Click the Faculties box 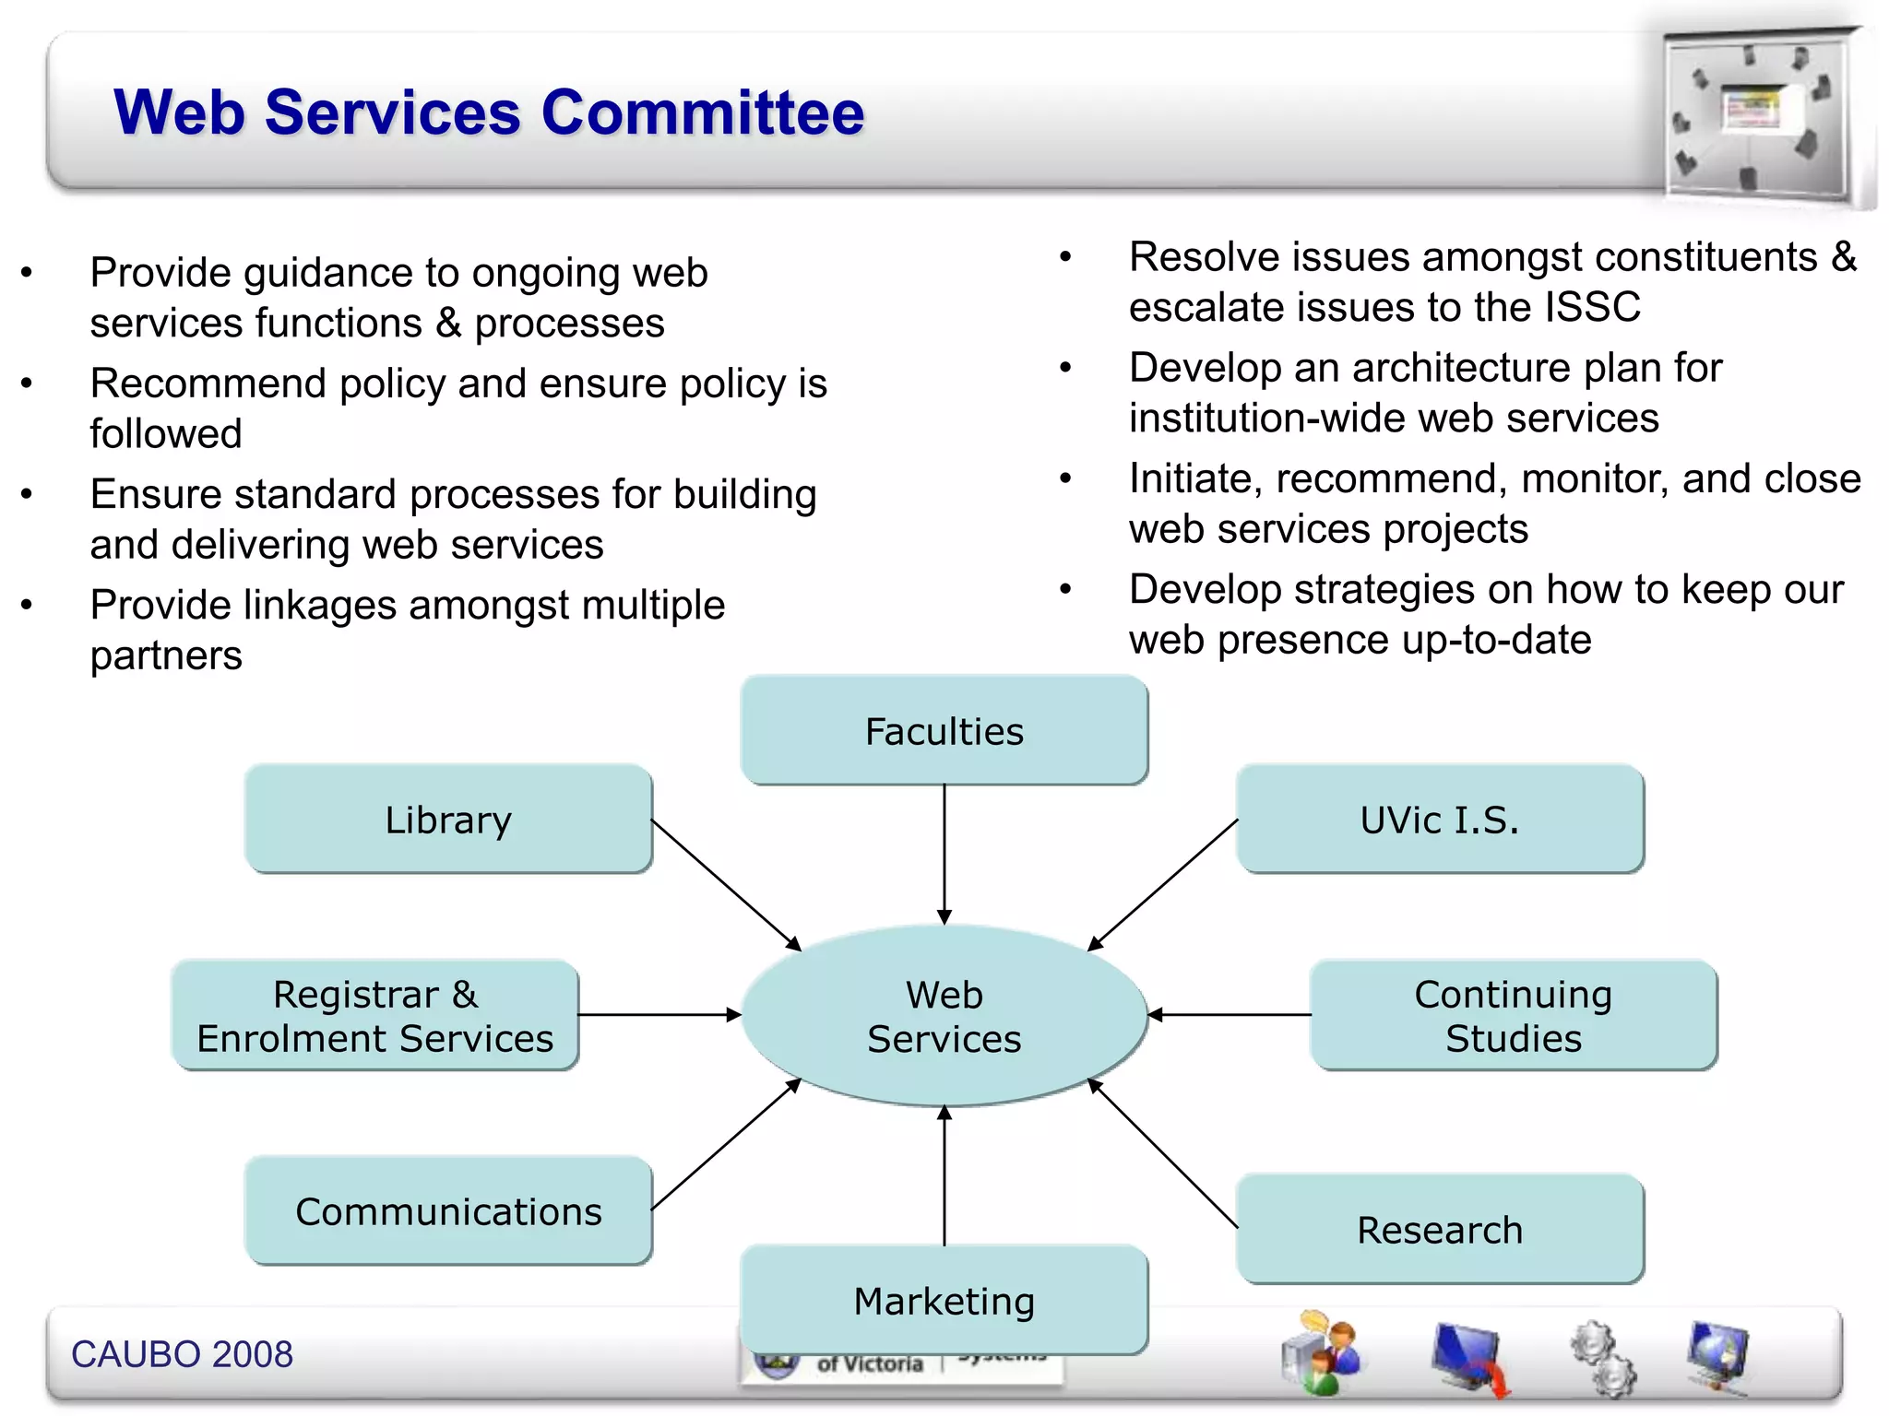(x=944, y=731)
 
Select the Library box (x=448, y=820)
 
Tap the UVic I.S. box (x=1439, y=820)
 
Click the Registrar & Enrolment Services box (x=375, y=1016)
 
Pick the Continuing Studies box (x=1513, y=1016)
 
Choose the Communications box (x=448, y=1211)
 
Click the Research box (x=1439, y=1230)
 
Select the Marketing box (x=944, y=1301)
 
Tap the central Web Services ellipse (x=944, y=1016)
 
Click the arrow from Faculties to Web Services (x=944, y=853)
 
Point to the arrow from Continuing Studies (x=1230, y=1015)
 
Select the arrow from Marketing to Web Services (x=944, y=1175)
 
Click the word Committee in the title (x=703, y=112)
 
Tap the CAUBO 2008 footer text (x=182, y=1354)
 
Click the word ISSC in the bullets (x=1593, y=307)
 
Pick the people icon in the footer (x=1321, y=1353)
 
